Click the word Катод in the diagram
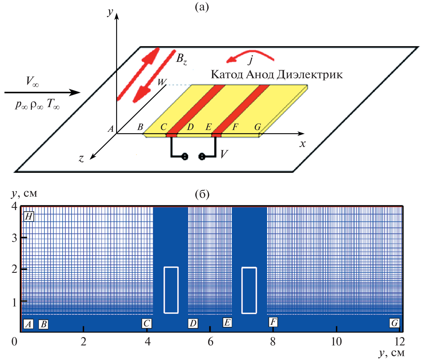click(x=227, y=74)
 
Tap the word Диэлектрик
click(x=310, y=74)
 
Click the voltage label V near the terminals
click(x=224, y=154)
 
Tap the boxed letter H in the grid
click(x=29, y=216)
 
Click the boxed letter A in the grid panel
click(x=28, y=324)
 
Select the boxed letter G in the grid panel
click(x=395, y=323)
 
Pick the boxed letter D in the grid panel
click(x=193, y=323)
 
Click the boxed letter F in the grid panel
click(x=273, y=322)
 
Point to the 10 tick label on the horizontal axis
click(x=337, y=342)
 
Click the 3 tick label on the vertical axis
click(x=14, y=238)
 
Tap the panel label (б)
click(x=202, y=194)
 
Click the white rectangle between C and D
click(x=171, y=290)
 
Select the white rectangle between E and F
click(x=249, y=290)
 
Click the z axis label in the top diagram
click(x=81, y=159)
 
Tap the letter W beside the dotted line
click(x=162, y=82)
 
